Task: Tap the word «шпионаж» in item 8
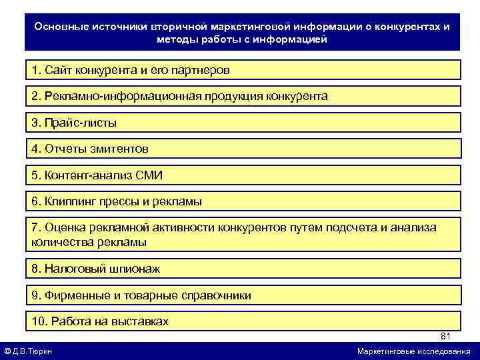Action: click(135, 269)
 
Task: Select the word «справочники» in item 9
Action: click(218, 295)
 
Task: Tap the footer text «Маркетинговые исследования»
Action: click(413, 351)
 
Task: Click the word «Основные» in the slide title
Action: click(59, 27)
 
